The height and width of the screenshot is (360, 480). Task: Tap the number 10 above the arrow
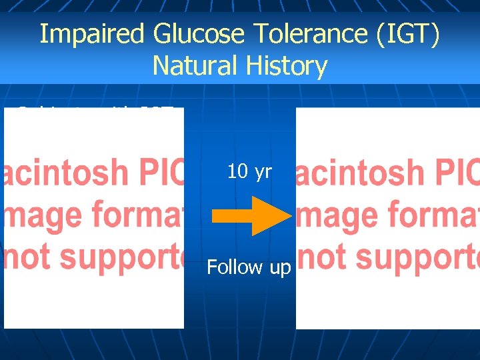pyautogui.click(x=237, y=172)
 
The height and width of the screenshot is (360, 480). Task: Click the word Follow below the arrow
pyautogui.click(x=234, y=267)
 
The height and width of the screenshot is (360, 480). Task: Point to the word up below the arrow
pyautogui.click(x=279, y=269)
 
